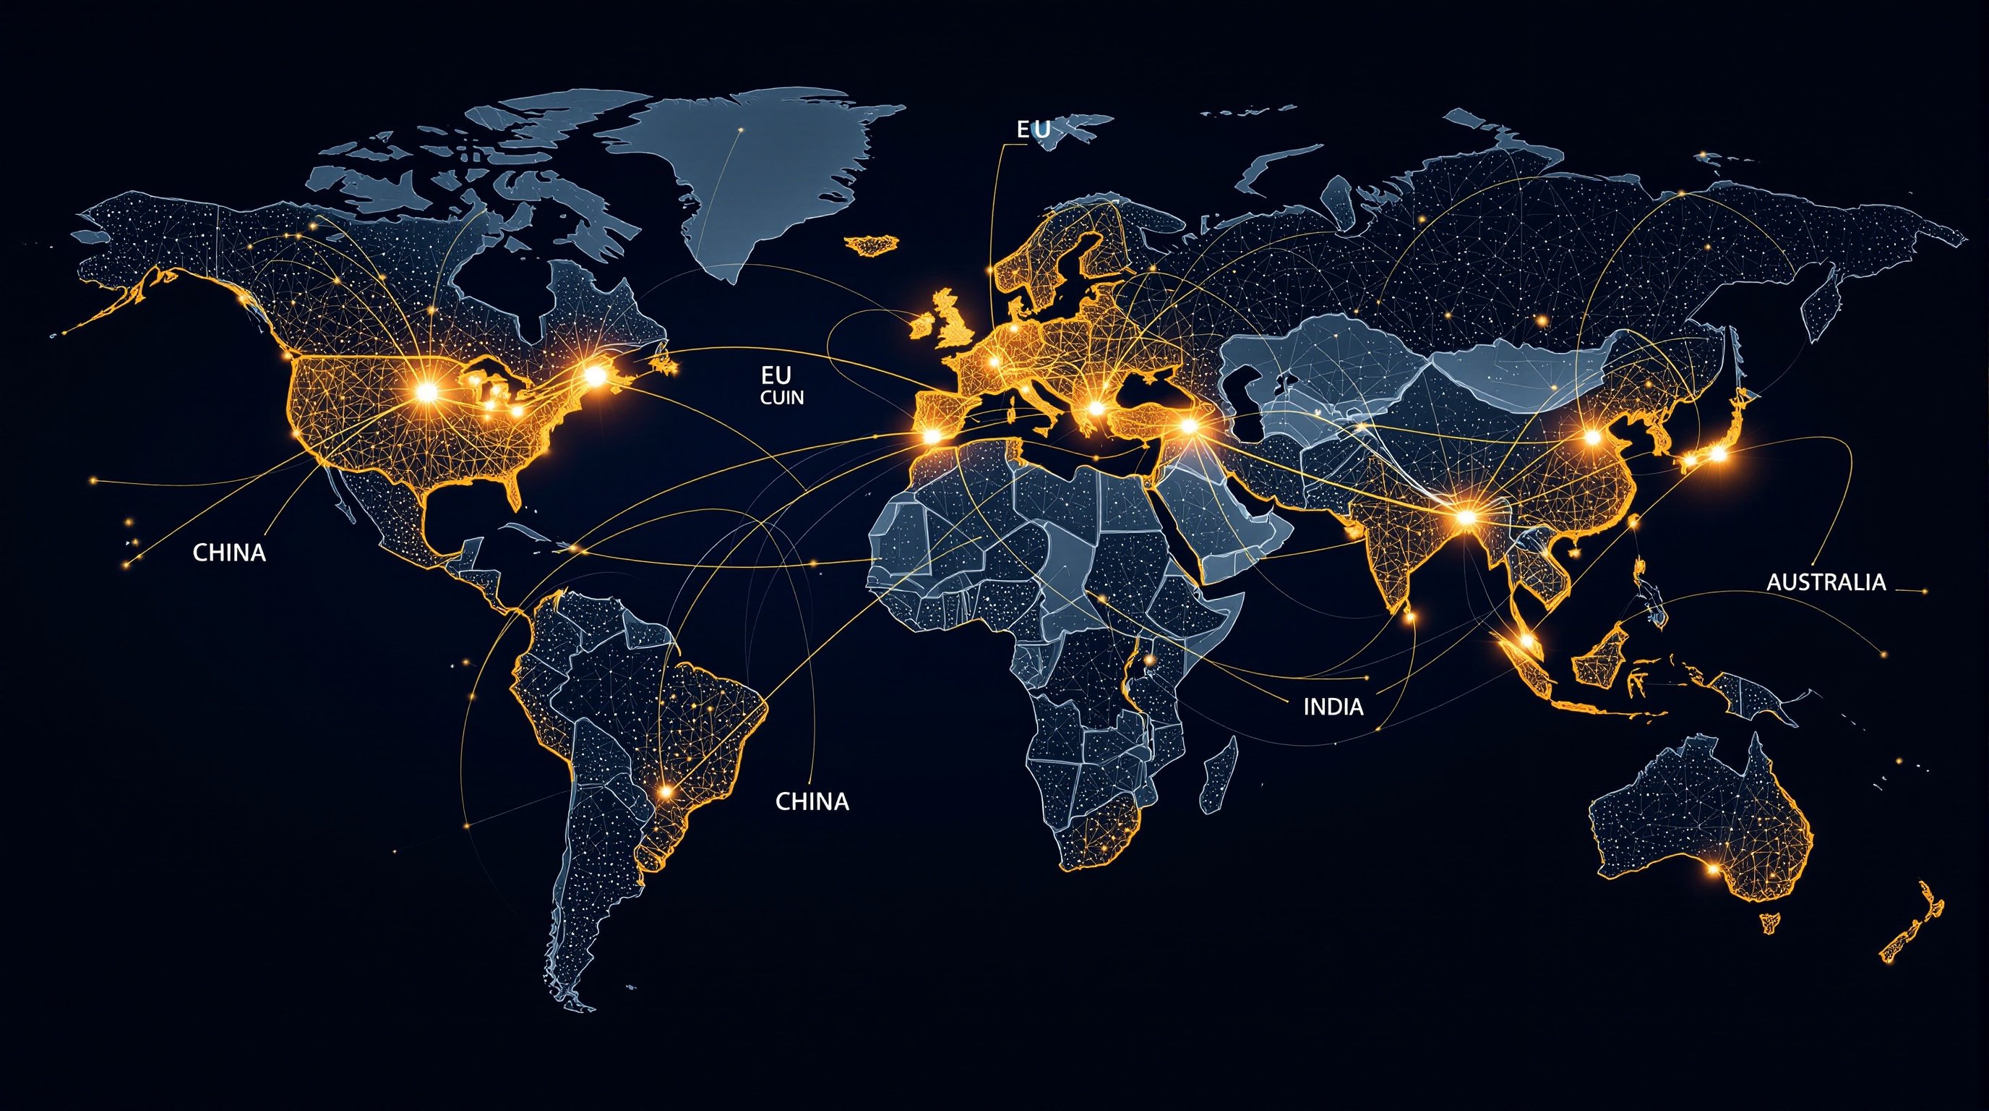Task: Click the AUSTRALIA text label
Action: pyautogui.click(x=1826, y=582)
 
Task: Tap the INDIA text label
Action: pyautogui.click(x=1333, y=706)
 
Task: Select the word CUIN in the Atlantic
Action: pyautogui.click(x=781, y=398)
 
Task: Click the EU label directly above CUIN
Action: pyautogui.click(x=776, y=376)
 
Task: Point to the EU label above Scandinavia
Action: pyautogui.click(x=1033, y=129)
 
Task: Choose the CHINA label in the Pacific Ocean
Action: pyautogui.click(x=229, y=553)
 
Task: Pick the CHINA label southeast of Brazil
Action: pyautogui.click(x=812, y=801)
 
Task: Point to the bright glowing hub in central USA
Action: pyautogui.click(x=426, y=393)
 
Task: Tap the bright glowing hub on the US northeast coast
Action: pyautogui.click(x=596, y=375)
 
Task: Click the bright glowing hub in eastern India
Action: pyautogui.click(x=1465, y=516)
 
